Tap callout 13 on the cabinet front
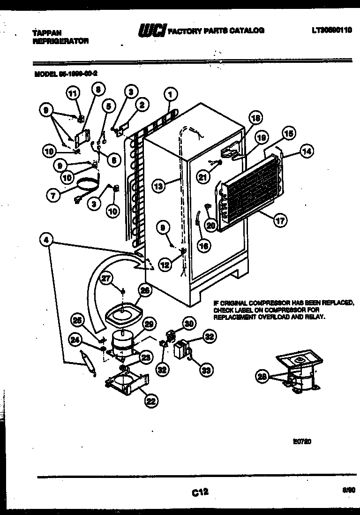coord(159,186)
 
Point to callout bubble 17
coord(281,221)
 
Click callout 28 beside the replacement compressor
coord(263,376)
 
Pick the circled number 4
coord(46,240)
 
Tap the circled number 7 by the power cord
coord(53,195)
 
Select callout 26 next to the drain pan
coord(145,291)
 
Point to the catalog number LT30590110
coord(331,31)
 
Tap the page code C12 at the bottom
coord(200,492)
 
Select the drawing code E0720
coord(302,441)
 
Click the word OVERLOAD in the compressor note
coord(270,317)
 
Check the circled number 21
coord(202,177)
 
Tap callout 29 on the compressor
coord(149,323)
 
